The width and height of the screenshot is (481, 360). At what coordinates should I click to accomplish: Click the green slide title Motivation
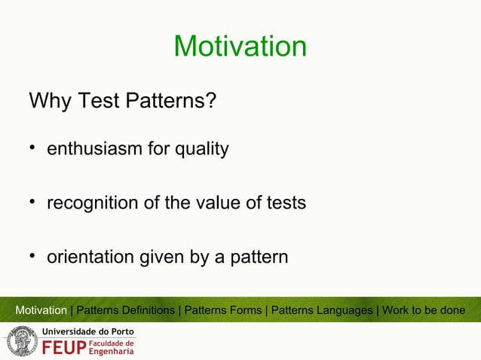coord(240,47)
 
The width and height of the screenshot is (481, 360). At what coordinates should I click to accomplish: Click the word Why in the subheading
coord(47,100)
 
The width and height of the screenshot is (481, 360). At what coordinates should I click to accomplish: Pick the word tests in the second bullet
coord(284,203)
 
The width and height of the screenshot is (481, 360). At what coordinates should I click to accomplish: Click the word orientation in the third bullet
coord(90,258)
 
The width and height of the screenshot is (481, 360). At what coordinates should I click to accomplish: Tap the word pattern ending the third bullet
coord(259,258)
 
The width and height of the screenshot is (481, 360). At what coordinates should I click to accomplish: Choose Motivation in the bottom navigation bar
coord(41,310)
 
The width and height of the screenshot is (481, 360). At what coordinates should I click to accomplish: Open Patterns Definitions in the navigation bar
coord(125,310)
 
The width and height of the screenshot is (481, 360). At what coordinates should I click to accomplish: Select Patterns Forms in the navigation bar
coord(225,310)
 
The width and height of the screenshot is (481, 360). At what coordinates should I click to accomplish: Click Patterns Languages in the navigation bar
coord(322,310)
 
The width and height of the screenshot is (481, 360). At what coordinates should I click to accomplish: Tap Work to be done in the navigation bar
coord(424,310)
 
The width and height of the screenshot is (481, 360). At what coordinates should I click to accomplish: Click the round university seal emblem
coord(21,342)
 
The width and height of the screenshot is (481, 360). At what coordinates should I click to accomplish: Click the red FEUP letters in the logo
coord(64,349)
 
